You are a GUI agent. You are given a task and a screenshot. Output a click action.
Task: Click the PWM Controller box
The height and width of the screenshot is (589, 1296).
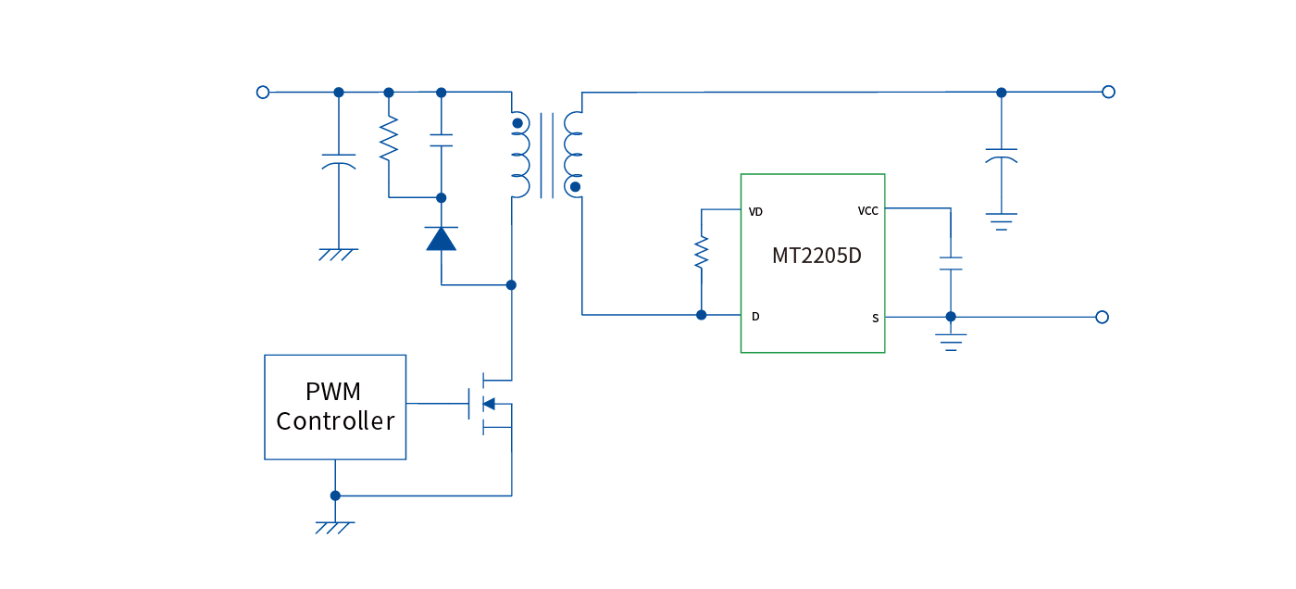coord(335,407)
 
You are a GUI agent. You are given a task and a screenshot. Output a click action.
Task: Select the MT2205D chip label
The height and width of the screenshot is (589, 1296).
coord(816,256)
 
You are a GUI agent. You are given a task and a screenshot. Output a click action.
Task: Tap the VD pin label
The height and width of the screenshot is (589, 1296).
coord(755,212)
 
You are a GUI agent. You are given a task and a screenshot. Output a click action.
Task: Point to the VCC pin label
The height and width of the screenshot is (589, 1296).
coord(867,211)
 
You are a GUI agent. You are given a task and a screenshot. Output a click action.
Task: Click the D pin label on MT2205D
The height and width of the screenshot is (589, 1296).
coord(755,317)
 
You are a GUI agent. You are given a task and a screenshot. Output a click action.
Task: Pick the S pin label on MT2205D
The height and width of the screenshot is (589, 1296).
coord(875,319)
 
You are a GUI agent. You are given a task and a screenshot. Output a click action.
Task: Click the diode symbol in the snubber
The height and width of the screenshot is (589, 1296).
coord(442,239)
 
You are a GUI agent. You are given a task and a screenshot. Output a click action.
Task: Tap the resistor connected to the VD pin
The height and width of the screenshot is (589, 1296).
coord(702,252)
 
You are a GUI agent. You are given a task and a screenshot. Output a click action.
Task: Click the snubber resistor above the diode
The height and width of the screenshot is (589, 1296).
coord(389,139)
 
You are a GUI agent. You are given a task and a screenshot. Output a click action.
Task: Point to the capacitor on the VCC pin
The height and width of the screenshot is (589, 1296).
coord(951,263)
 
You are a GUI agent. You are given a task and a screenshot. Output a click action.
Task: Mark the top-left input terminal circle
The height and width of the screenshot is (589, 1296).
coord(263,93)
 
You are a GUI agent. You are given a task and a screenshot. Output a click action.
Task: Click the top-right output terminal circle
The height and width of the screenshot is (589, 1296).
coord(1108,92)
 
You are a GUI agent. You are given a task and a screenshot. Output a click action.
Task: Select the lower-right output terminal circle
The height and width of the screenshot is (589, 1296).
coord(1102,317)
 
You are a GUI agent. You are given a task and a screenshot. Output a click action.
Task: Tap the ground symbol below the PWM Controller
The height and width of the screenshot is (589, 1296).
coord(335,527)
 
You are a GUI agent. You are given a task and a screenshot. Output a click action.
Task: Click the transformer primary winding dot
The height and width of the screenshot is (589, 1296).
coord(517,123)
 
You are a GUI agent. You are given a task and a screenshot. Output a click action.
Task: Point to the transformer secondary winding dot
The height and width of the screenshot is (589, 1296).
coord(575,187)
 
